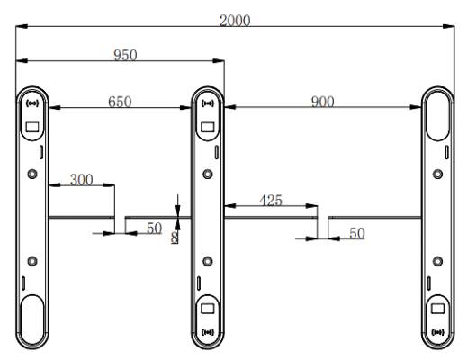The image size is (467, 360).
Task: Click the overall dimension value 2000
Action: (x=235, y=20)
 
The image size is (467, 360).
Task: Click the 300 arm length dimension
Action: (x=82, y=179)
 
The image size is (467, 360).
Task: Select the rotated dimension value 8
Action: (x=175, y=237)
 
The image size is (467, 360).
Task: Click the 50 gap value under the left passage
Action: (x=154, y=229)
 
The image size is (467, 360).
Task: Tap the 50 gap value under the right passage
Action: (x=358, y=233)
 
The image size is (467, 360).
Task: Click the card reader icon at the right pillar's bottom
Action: (x=438, y=331)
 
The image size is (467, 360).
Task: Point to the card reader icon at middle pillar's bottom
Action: (x=209, y=331)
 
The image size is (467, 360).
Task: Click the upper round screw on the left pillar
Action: (x=32, y=173)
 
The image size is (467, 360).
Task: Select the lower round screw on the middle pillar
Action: (x=209, y=261)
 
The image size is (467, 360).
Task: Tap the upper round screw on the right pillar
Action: (x=438, y=173)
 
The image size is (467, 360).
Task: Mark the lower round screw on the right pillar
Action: (x=438, y=261)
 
